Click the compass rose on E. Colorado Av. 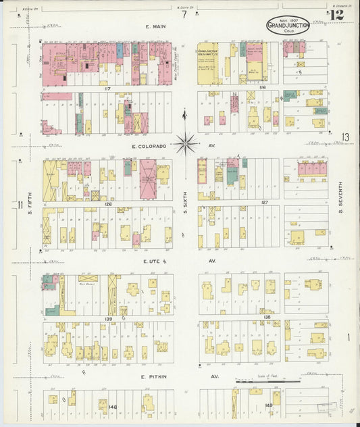[x=186, y=143]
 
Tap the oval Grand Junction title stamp [x=288, y=26]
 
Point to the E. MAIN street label [x=156, y=27]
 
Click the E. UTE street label [x=151, y=260]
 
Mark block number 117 [x=107, y=89]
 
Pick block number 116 [x=262, y=89]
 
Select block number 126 [x=107, y=203]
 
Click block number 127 [x=265, y=203]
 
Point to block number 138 [x=267, y=316]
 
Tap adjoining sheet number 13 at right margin [x=345, y=138]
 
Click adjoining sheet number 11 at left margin [x=21, y=205]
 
